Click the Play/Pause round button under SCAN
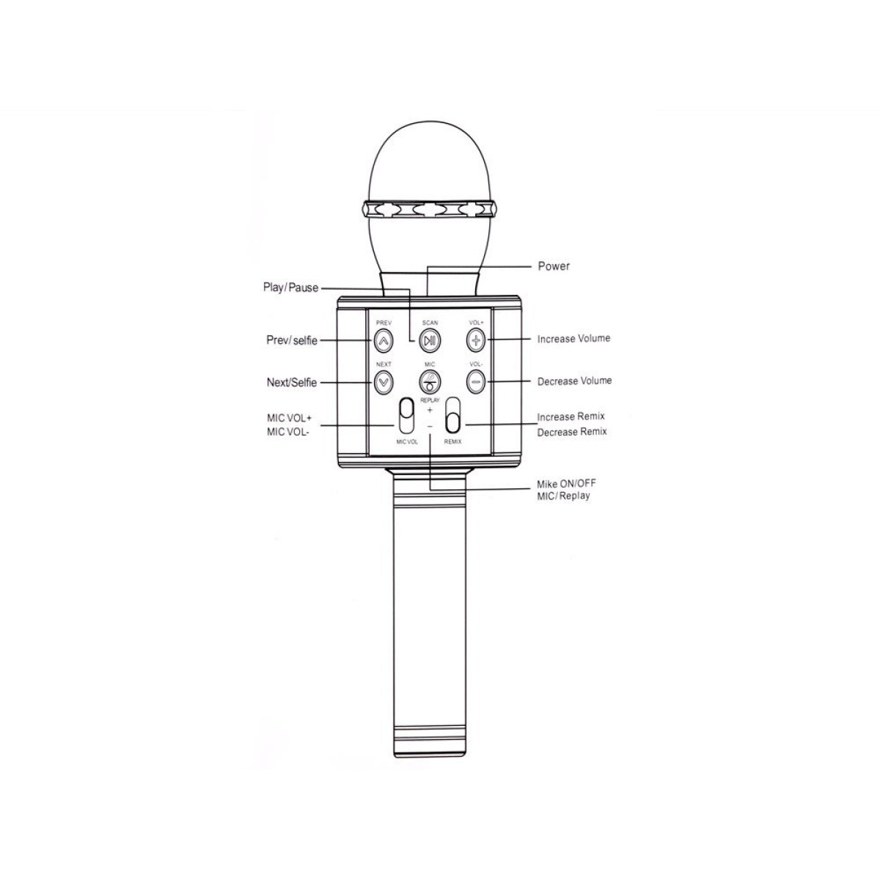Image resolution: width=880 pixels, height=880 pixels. point(430,340)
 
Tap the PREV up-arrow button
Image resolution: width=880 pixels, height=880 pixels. point(383,340)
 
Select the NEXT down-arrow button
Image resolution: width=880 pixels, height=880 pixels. point(383,382)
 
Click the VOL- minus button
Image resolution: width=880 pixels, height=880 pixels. point(476,381)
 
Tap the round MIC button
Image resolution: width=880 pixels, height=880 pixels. point(430,381)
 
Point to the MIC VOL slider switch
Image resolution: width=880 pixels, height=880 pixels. point(406,416)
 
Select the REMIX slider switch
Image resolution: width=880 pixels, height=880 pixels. point(453,415)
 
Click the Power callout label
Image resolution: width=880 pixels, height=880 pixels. point(554,266)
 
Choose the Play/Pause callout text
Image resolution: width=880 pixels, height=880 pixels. point(290,287)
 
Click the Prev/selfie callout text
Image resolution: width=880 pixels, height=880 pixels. point(292,341)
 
